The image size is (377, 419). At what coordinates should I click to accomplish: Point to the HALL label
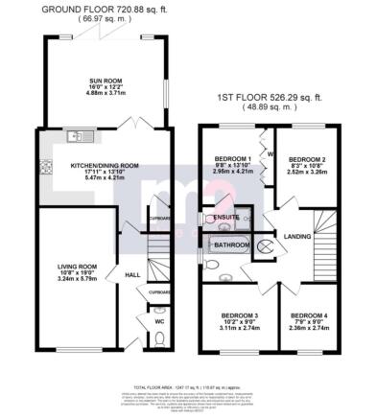(x=134, y=275)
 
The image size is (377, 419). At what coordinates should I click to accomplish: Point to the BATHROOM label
(x=230, y=245)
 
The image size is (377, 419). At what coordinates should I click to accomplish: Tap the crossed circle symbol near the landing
(x=261, y=245)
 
